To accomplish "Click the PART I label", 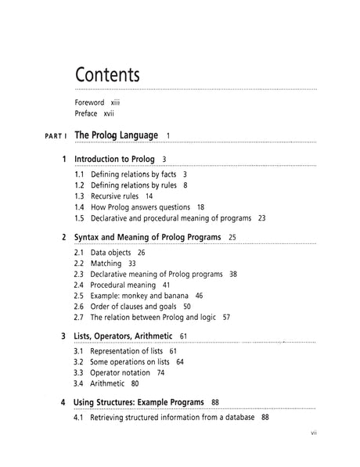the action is click(x=48, y=136).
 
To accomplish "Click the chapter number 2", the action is click(x=63, y=236).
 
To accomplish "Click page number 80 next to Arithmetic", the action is click(x=135, y=384).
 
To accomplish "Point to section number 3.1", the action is click(x=79, y=351).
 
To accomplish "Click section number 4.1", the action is click(x=79, y=418).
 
